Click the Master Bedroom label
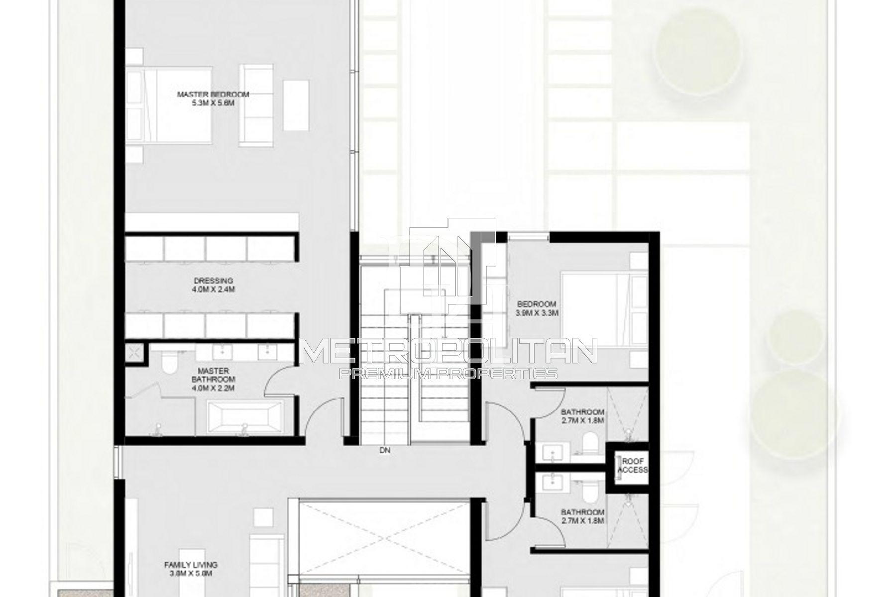click(213, 99)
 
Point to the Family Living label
click(191, 569)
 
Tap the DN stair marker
click(384, 451)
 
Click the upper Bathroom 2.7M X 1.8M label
click(582, 416)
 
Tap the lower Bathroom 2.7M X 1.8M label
click(582, 516)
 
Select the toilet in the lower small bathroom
click(590, 492)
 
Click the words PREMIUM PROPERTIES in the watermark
click(448, 374)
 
